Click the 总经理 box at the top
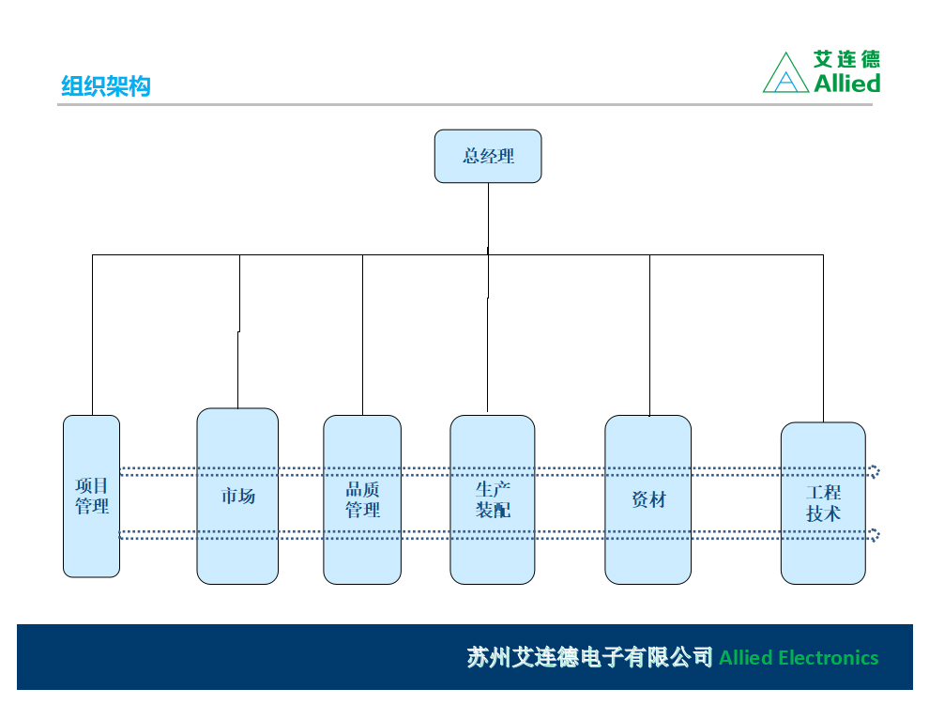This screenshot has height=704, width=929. click(488, 157)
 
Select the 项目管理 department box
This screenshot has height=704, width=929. click(91, 496)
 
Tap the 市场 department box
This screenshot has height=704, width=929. click(237, 496)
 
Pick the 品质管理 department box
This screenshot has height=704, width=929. click(362, 499)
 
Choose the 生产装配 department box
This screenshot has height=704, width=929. click(493, 499)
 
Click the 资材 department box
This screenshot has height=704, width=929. click(647, 499)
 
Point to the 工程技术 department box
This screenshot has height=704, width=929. click(823, 503)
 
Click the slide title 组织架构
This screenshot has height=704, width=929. click(106, 86)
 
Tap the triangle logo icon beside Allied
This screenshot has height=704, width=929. click(785, 72)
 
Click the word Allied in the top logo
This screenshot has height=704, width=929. click(847, 83)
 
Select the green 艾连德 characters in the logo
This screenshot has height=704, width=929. click(847, 58)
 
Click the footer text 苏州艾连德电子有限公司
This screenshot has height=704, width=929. click(589, 657)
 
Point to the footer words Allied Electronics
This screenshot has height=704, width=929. click(799, 658)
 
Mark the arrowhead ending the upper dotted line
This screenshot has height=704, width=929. click(876, 472)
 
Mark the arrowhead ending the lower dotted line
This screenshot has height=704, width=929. click(876, 535)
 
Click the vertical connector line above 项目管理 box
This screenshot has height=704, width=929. click(92, 335)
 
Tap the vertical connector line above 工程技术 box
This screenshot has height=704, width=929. click(823, 338)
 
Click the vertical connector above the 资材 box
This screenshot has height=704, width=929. click(649, 335)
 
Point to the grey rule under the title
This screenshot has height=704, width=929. click(464, 105)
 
